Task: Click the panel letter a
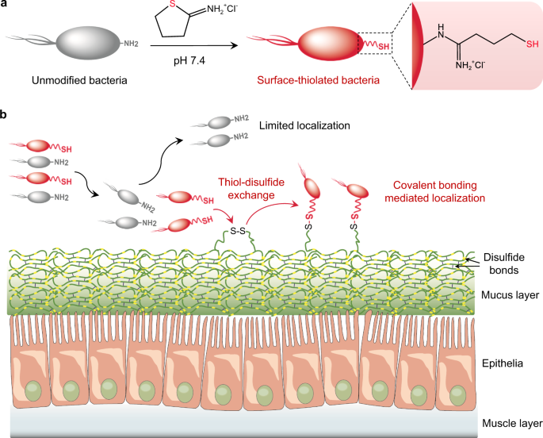click(x=6, y=6)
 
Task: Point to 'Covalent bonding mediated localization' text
click(x=434, y=190)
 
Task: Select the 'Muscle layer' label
click(x=505, y=421)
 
